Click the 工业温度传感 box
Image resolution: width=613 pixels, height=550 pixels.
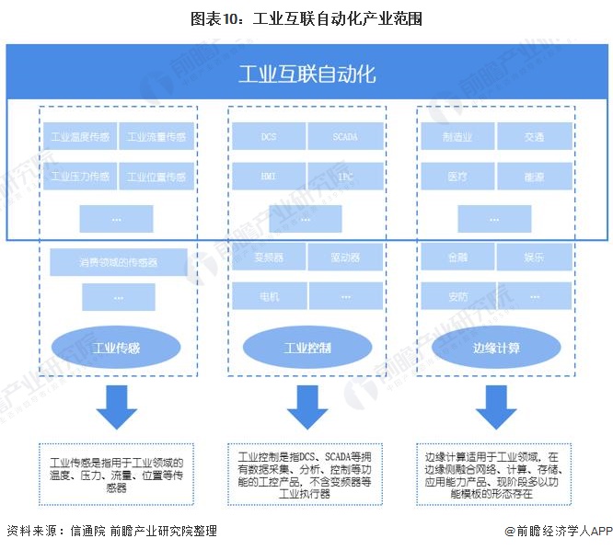(x=79, y=138)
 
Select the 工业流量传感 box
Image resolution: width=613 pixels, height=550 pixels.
(x=156, y=138)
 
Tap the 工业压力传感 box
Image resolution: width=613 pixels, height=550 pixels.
(x=79, y=177)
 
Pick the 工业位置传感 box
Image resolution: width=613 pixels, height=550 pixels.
(x=156, y=177)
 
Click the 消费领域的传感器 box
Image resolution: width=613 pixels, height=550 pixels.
(x=118, y=262)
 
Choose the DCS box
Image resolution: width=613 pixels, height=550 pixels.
(x=268, y=138)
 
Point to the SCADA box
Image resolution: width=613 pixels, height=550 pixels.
(x=344, y=138)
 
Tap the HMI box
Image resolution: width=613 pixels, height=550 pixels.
(x=268, y=176)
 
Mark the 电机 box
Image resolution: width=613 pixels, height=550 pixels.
(x=268, y=296)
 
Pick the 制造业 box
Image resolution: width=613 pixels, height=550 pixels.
(x=457, y=138)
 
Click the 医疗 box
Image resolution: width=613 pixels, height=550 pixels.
(x=457, y=176)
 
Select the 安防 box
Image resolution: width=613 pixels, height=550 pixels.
(x=457, y=296)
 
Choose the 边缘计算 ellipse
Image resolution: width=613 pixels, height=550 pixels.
(x=496, y=349)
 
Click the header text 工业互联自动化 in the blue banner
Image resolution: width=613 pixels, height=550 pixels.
(x=306, y=74)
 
